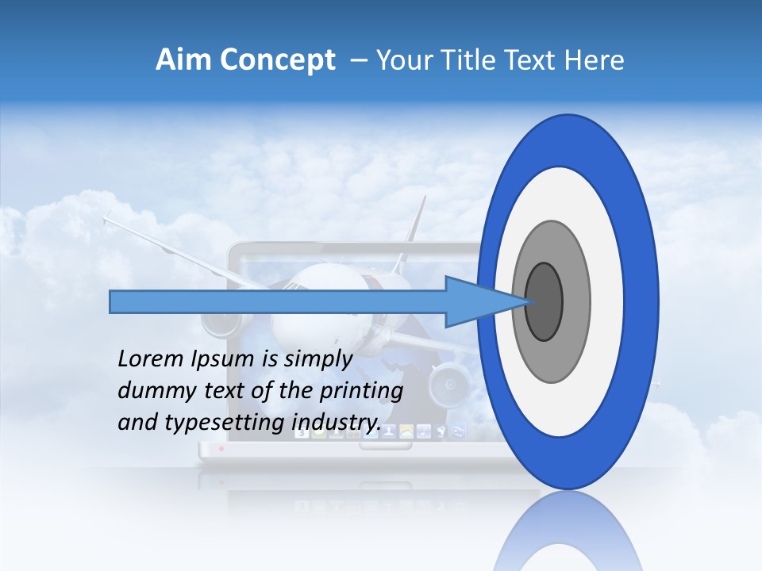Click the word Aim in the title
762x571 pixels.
click(183, 60)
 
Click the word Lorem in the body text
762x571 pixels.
click(149, 359)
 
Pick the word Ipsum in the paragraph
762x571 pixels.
click(224, 359)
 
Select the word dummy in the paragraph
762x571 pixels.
click(150, 391)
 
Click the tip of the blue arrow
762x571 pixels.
click(525, 301)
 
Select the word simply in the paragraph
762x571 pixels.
click(318, 359)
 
